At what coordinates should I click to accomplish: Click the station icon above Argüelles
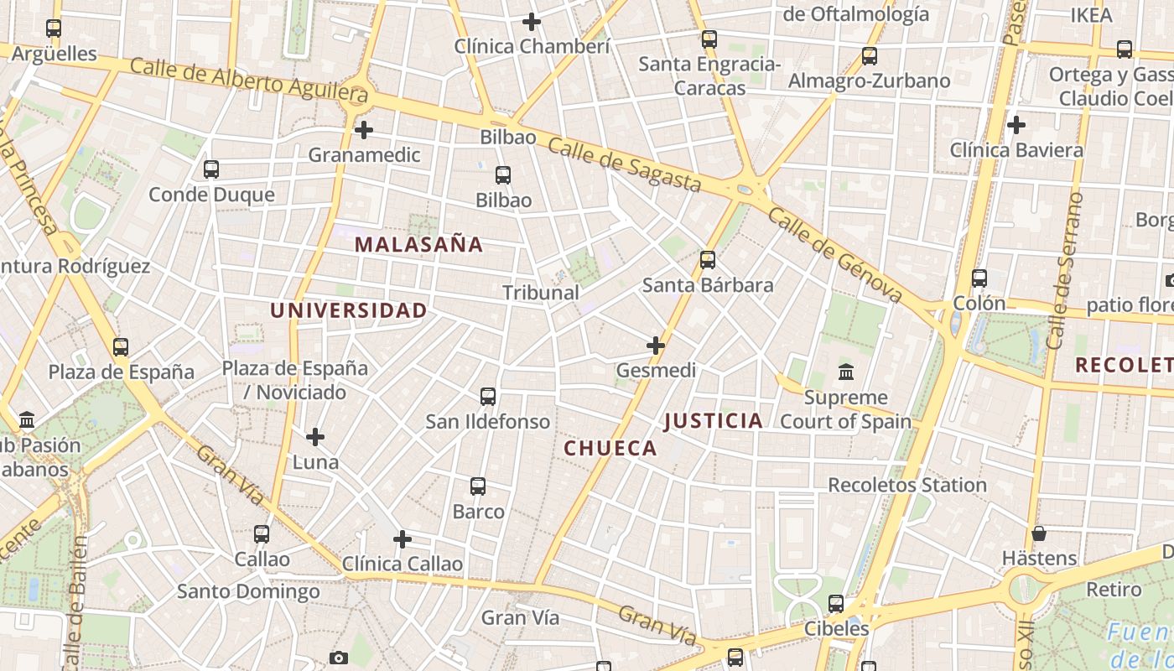point(54,29)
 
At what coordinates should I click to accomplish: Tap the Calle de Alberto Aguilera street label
point(249,81)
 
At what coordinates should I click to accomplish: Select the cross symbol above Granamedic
point(364,130)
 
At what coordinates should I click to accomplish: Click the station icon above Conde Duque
point(211,169)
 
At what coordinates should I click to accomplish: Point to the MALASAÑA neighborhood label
point(418,245)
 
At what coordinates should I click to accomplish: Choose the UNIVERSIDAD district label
point(348,310)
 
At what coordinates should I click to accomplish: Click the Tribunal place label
point(541,293)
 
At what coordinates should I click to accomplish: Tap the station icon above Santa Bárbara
point(708,260)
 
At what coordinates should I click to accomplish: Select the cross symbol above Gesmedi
point(656,345)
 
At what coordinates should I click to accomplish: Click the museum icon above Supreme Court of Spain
point(846,372)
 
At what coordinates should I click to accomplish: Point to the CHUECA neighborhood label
point(610,449)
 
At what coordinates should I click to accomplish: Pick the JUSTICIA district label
point(714,421)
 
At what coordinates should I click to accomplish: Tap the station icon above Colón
point(979,278)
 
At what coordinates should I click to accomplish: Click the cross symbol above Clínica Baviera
point(1016,125)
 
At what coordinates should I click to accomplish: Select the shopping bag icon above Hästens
point(1039,533)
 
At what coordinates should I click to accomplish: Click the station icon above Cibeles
point(836,603)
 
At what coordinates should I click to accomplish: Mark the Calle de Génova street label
point(834,256)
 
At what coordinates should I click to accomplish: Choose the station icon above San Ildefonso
point(488,397)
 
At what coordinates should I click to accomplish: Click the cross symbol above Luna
point(315,437)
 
